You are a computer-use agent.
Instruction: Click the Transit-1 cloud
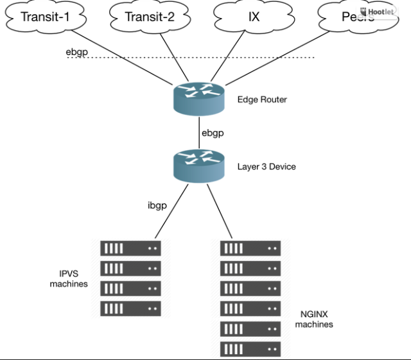44,17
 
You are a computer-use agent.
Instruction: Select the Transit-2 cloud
150,17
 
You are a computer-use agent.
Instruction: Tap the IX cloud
253,17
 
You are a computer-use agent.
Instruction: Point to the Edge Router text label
262,99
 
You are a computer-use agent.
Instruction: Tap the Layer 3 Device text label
267,167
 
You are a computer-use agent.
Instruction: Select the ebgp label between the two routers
213,133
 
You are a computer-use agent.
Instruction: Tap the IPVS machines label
69,279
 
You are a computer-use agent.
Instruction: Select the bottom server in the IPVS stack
130,308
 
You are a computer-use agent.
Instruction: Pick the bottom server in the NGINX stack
250,348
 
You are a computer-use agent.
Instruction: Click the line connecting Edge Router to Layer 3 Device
199,132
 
